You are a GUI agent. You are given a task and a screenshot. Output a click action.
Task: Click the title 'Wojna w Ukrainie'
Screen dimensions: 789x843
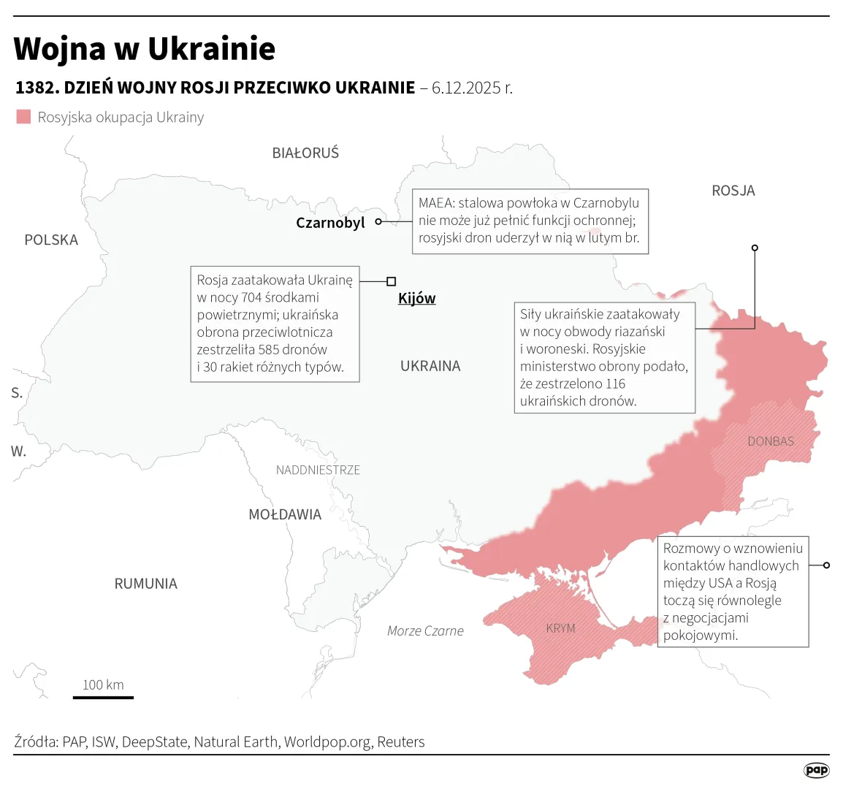tap(145, 49)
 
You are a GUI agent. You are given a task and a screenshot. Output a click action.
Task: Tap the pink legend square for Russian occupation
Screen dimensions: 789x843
tap(24, 117)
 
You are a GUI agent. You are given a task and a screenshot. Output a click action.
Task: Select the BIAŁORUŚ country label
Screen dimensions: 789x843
tap(305, 153)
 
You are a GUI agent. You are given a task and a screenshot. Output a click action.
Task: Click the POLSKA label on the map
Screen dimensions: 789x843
tap(51, 240)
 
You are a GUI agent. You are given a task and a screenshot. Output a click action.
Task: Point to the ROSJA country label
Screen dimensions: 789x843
tap(733, 191)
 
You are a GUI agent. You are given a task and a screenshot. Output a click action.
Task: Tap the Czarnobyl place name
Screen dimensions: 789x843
tap(330, 223)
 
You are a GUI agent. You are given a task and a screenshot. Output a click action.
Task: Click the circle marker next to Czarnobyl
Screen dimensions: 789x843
tap(378, 221)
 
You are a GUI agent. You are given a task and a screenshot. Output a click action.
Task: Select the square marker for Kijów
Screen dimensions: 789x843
tap(392, 281)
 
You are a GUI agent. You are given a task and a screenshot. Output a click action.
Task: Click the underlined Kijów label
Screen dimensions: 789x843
tap(416, 298)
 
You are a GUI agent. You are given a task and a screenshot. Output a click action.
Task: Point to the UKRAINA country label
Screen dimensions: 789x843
tap(430, 366)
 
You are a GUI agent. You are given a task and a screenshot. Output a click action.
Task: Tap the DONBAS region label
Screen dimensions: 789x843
tap(771, 441)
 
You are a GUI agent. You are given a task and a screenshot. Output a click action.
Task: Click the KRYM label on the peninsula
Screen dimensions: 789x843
tap(560, 628)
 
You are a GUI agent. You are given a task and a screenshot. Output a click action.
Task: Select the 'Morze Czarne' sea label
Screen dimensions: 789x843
tap(425, 631)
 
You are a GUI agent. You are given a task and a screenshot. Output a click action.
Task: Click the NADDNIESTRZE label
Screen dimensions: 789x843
tap(318, 470)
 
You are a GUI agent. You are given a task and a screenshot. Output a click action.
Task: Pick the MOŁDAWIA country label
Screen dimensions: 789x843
tap(285, 514)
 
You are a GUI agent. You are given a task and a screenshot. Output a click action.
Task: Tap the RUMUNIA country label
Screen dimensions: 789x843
tap(145, 584)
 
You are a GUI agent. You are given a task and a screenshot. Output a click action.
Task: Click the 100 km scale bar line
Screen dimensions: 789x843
tap(103, 697)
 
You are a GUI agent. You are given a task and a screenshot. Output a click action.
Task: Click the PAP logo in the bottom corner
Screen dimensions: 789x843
tap(816, 770)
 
